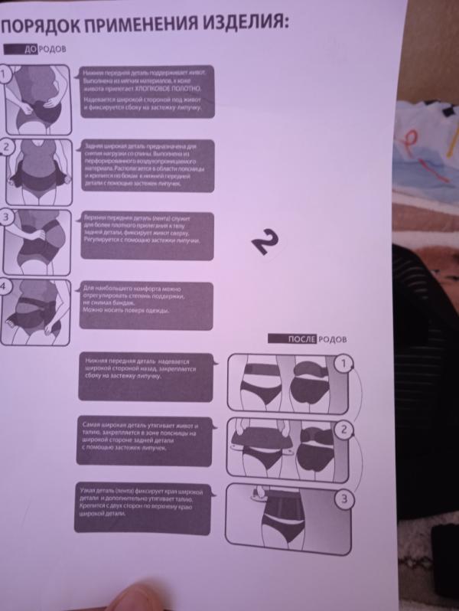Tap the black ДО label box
point(31,50)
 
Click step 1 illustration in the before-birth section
point(38,99)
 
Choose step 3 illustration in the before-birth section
point(38,238)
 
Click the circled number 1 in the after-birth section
point(345,363)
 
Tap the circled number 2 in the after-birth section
point(344,430)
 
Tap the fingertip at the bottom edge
point(138,596)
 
